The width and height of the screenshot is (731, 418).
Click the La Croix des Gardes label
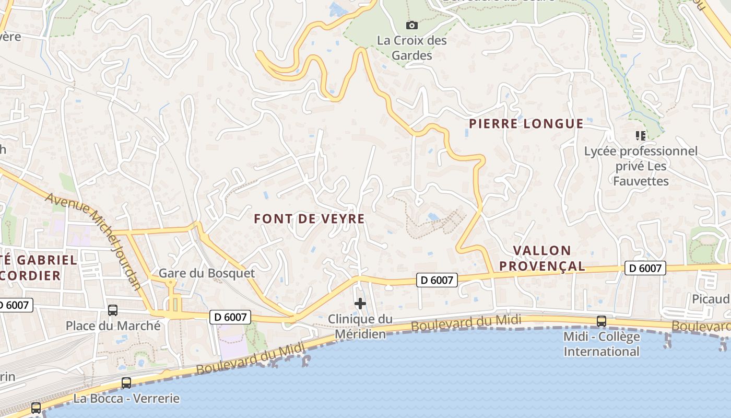pos(412,48)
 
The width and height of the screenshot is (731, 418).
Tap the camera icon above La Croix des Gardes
pos(412,25)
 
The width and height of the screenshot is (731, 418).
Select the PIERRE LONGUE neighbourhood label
pos(526,124)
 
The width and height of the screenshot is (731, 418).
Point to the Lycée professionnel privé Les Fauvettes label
pos(641,166)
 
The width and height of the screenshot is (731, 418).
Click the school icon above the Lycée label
pos(641,136)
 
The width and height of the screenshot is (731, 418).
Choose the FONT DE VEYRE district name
pos(309,219)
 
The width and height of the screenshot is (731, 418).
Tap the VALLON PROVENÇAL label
pos(542,258)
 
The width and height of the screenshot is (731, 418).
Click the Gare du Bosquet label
pos(207,273)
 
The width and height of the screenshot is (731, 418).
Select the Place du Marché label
pos(113,326)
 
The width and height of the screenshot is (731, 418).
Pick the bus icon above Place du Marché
pos(113,310)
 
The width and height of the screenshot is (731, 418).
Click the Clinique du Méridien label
pos(360,326)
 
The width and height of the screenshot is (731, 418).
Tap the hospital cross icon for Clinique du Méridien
pos(360,304)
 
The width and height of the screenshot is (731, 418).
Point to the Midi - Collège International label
pos(602,344)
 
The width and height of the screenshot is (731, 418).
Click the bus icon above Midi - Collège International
pos(602,321)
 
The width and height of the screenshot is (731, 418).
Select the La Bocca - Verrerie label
pos(126,399)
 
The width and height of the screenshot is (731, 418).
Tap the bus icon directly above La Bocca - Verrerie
pos(126,383)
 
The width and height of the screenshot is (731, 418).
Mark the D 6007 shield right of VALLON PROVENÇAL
pos(645,269)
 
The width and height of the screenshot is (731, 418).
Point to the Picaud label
pos(711,299)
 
